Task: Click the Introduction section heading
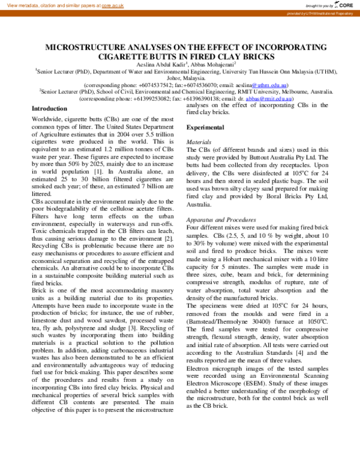[49, 109]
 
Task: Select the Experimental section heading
[205, 128]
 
